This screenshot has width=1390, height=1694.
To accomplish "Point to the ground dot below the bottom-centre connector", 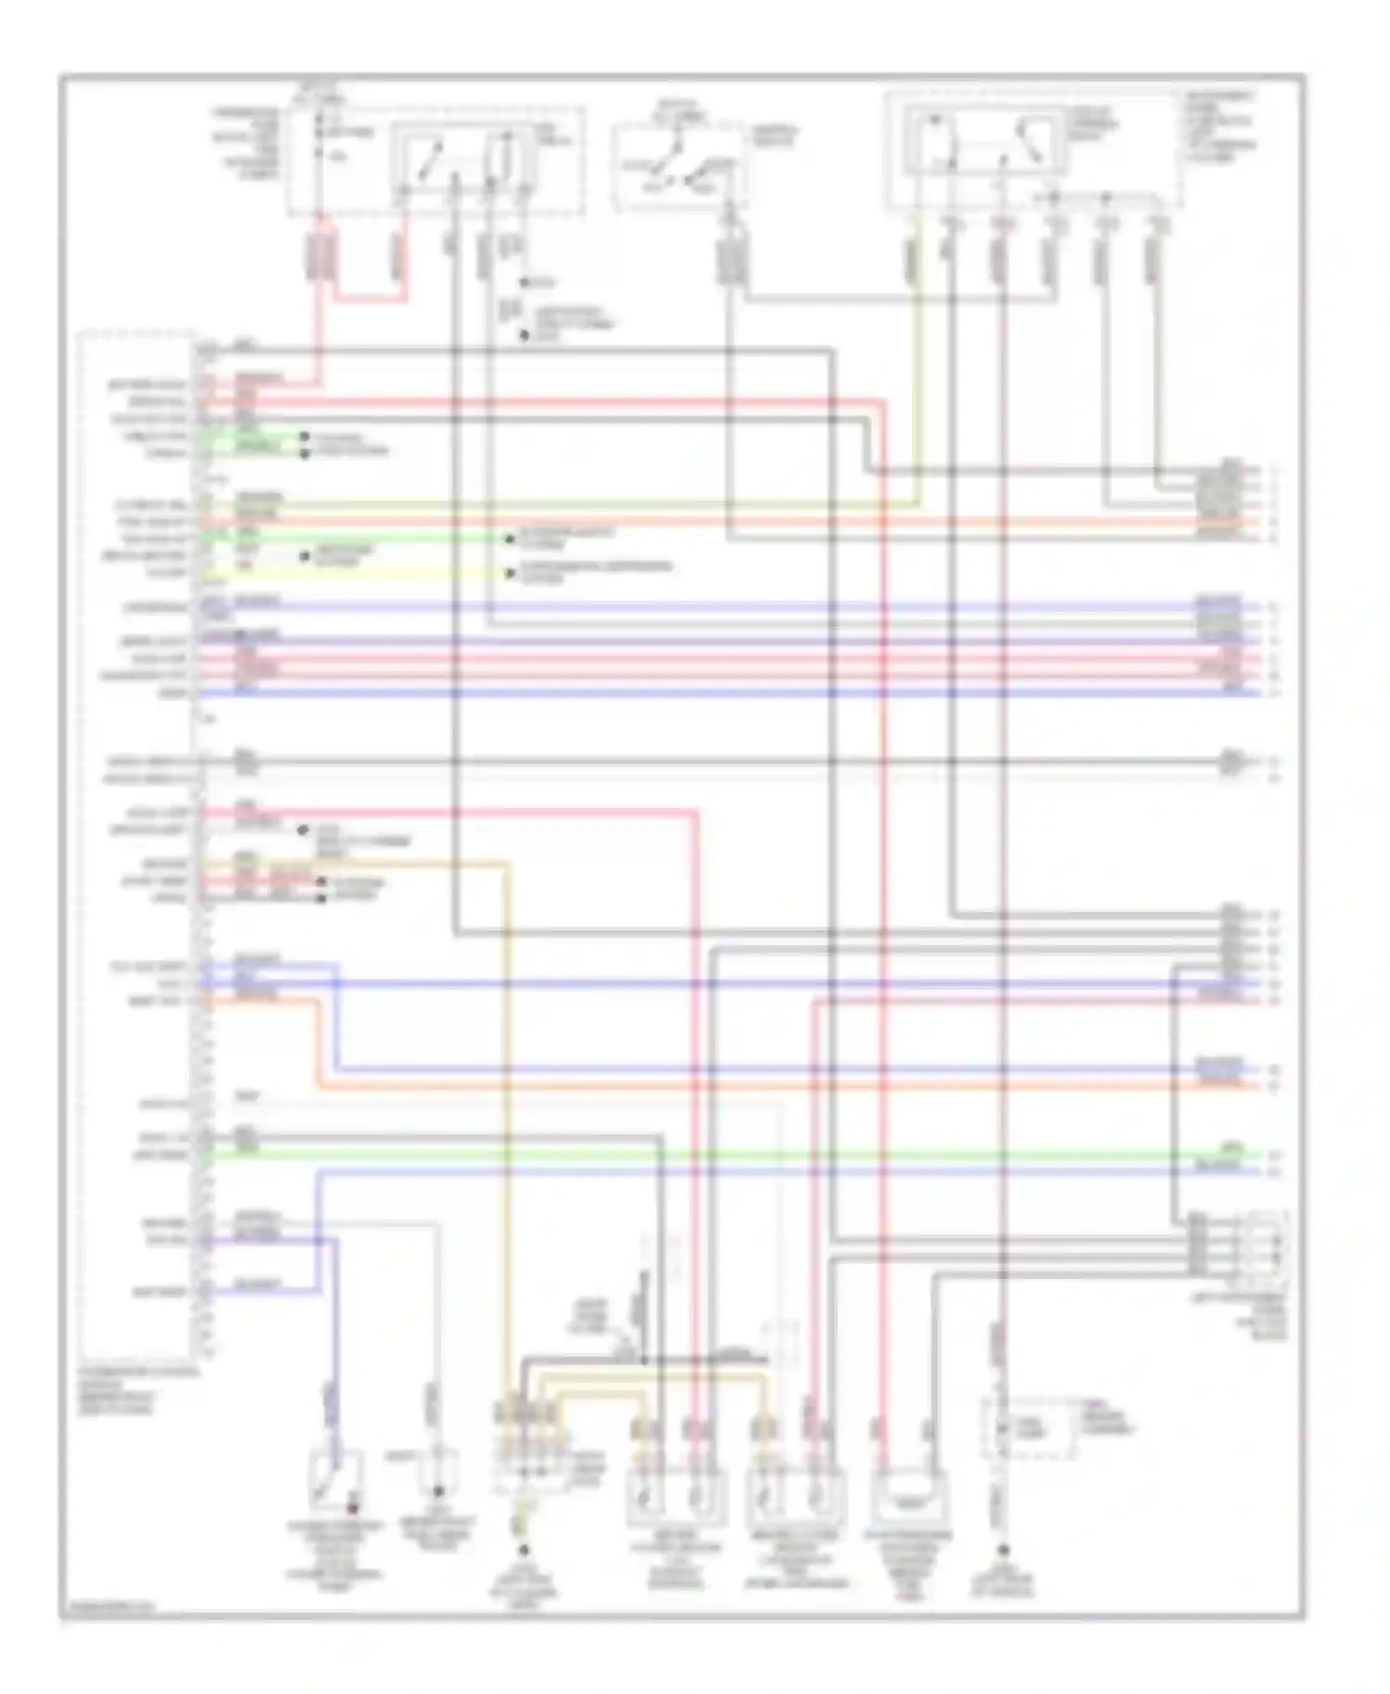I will click(523, 1549).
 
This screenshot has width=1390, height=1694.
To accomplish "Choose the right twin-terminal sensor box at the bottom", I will click(795, 1493).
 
